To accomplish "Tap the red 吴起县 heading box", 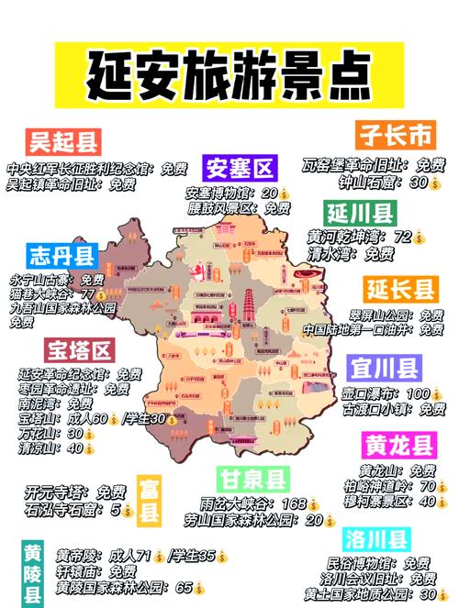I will (x=62, y=143).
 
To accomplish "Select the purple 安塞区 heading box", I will (x=239, y=169).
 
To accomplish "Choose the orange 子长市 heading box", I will (x=394, y=136).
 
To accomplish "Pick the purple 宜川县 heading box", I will (x=385, y=369).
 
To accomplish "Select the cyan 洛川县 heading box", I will (x=375, y=537).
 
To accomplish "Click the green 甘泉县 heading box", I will (x=253, y=478).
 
